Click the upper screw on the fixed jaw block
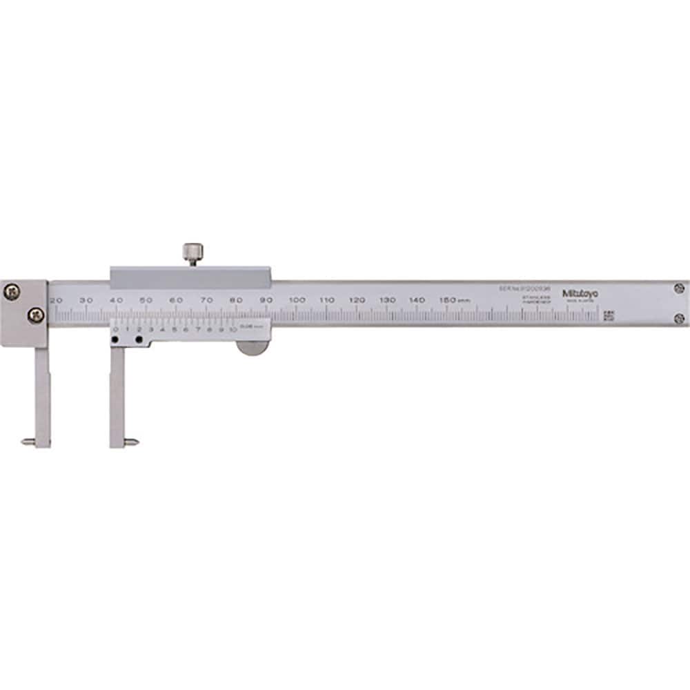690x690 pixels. [x=11, y=293]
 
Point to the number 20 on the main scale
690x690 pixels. [x=56, y=300]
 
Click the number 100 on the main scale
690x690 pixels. [x=297, y=300]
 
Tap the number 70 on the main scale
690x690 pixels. [x=206, y=300]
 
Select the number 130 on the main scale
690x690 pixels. [x=388, y=300]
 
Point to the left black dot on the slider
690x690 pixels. [x=115, y=339]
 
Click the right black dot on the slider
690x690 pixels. [x=139, y=339]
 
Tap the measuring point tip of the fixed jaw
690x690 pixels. [x=26, y=442]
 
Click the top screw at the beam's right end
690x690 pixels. [x=678, y=288]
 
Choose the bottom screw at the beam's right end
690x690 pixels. [x=678, y=318]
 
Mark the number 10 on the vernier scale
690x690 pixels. [x=233, y=330]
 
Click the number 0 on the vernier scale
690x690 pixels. [x=115, y=330]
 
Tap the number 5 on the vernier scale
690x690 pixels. [x=175, y=330]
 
